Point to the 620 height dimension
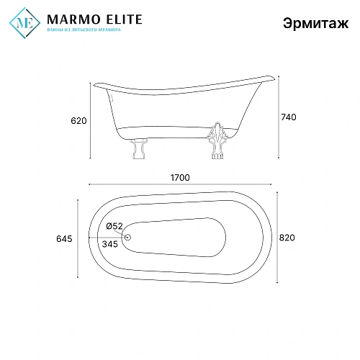click(x=79, y=121)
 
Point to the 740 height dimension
click(x=288, y=117)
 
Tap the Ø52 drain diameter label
click(x=114, y=226)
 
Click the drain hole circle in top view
click(x=128, y=238)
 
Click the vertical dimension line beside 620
click(x=90, y=121)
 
